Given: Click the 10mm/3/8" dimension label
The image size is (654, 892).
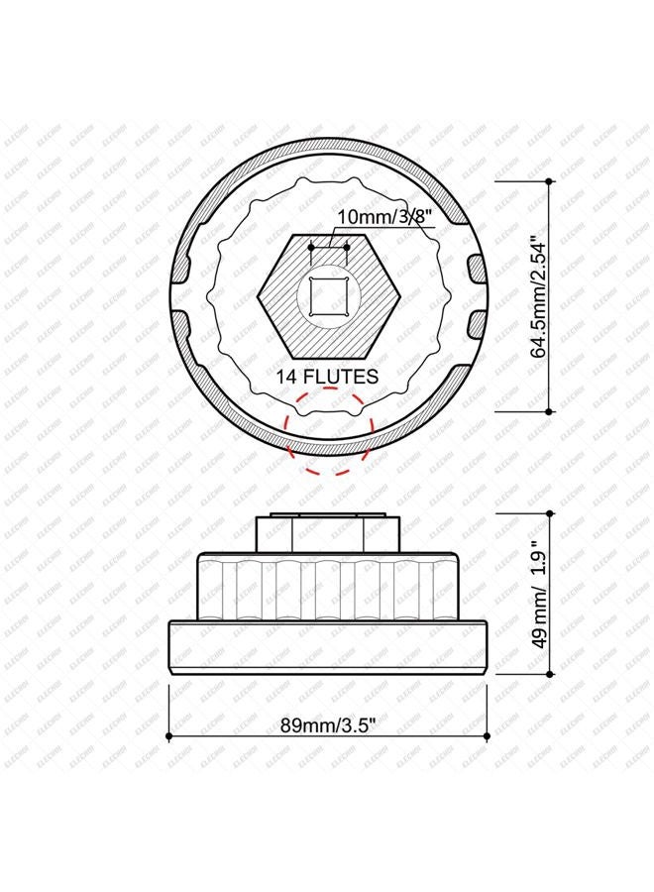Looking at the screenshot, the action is pyautogui.click(x=386, y=217).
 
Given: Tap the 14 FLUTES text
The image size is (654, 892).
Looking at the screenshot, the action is pyautogui.click(x=327, y=376).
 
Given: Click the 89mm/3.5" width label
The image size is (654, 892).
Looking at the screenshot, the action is pyautogui.click(x=328, y=725).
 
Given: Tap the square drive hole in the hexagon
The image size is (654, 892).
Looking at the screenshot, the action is pyautogui.click(x=328, y=295).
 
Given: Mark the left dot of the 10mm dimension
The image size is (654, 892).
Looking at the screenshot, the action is pyautogui.click(x=310, y=247).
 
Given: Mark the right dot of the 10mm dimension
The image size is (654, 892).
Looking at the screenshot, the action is pyautogui.click(x=347, y=247).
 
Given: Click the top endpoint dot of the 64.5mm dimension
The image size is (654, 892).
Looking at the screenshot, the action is pyautogui.click(x=549, y=181).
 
